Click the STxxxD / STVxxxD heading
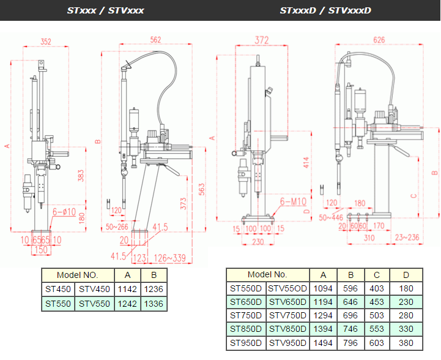[325, 10]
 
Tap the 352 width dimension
[46, 42]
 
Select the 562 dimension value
[155, 40]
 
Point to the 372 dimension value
[261, 40]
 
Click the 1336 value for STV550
[153, 303]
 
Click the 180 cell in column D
[406, 288]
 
